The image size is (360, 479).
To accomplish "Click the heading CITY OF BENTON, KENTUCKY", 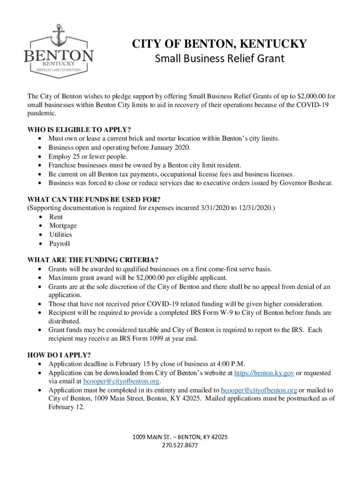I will (x=219, y=44).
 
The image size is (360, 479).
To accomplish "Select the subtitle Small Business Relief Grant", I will (x=219, y=59).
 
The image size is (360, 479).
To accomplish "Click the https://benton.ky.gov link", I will (x=264, y=373).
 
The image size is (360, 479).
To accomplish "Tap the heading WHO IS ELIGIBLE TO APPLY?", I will (x=79, y=130).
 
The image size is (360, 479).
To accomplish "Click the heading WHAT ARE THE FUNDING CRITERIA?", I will (x=93, y=260).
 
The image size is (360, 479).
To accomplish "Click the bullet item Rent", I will (x=56, y=217).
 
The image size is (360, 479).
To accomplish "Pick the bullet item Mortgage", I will (x=63, y=226).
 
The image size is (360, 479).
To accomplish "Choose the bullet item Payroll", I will (x=59, y=244).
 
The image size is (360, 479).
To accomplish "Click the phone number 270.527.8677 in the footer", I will (x=180, y=445).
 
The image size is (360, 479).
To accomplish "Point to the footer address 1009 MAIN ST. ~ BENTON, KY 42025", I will (x=180, y=437).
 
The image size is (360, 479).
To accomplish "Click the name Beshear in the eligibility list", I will (x=320, y=183).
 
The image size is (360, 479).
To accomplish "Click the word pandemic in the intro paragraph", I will (x=41, y=114).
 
